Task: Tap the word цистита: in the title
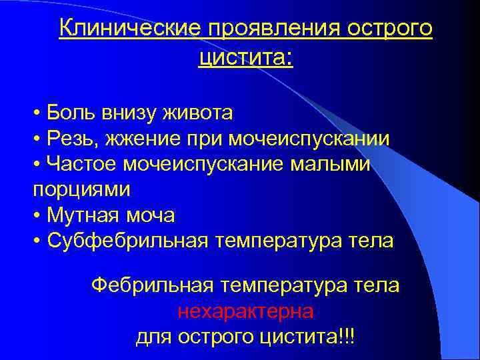pyautogui.click(x=245, y=59)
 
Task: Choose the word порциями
pyautogui.click(x=81, y=189)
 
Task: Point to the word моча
pyautogui.click(x=153, y=215)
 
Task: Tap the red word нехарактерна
pyautogui.click(x=245, y=311)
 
